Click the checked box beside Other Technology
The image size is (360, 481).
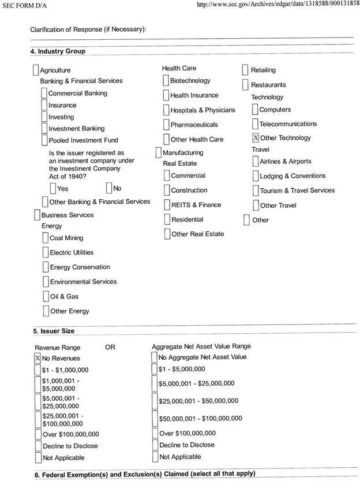click(256, 138)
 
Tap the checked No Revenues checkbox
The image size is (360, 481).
click(38, 358)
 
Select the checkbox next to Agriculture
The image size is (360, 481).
click(36, 70)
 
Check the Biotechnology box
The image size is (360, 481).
click(166, 81)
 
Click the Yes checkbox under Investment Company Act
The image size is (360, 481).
click(53, 188)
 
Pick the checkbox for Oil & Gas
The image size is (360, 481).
click(46, 296)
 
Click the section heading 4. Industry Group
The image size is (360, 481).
click(58, 51)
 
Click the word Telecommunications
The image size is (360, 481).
click(288, 124)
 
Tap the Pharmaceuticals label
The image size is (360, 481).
click(194, 125)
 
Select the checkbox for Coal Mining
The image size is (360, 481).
click(46, 238)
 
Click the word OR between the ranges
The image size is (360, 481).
click(111, 347)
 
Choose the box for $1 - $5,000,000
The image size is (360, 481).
click(155, 369)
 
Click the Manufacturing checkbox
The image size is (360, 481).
click(159, 153)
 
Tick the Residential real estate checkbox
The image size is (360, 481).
click(167, 219)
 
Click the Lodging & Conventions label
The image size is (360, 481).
click(292, 176)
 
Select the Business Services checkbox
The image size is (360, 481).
click(37, 215)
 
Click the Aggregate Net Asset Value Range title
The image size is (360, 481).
click(201, 346)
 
